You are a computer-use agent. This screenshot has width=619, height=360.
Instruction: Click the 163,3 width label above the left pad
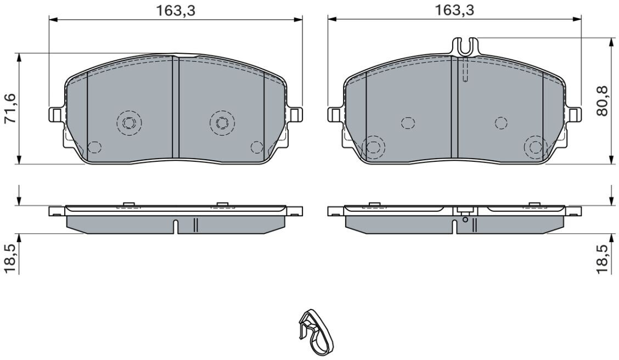point(176,10)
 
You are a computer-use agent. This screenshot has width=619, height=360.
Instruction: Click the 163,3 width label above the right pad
point(454,10)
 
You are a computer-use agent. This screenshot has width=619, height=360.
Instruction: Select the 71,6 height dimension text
point(9,109)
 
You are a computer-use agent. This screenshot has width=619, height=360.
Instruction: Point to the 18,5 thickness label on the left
point(9,258)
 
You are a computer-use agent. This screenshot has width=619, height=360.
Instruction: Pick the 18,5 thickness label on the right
point(603,258)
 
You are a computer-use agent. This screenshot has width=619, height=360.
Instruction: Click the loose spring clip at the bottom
point(316,333)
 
